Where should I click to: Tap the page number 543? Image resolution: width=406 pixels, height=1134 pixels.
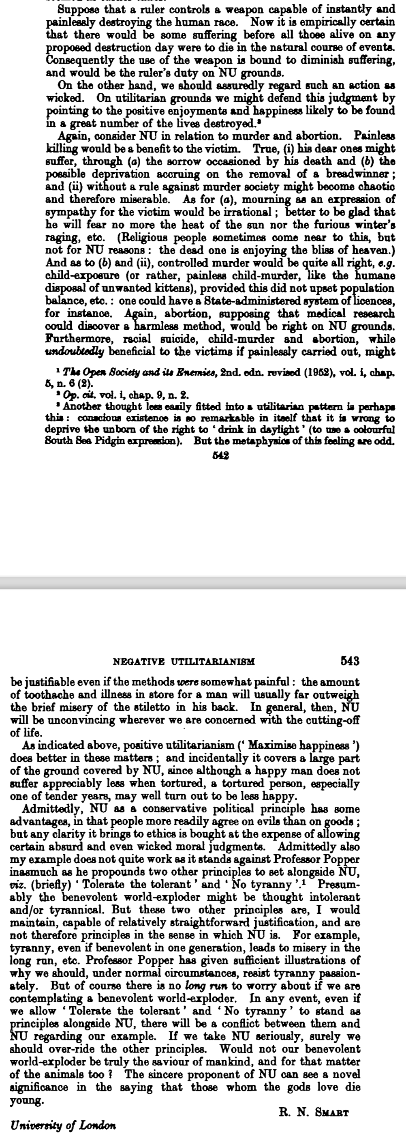350,661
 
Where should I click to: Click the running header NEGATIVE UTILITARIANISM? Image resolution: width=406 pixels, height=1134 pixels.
184,661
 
